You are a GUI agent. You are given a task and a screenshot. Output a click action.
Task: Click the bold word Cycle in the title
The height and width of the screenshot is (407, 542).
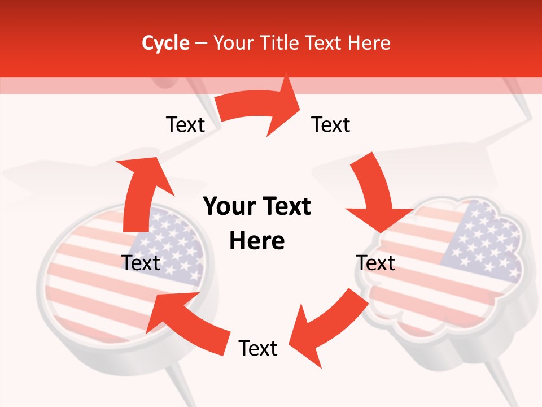tap(165, 43)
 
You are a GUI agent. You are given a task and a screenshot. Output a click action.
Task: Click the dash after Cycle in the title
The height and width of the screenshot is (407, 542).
tap(201, 44)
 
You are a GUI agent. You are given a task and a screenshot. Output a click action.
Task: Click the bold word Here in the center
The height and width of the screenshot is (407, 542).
tap(257, 241)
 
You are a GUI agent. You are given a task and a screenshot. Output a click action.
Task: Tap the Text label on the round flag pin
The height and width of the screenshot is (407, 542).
tap(141, 263)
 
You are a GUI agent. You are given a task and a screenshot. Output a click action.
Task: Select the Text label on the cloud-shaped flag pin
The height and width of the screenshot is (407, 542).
tap(375, 263)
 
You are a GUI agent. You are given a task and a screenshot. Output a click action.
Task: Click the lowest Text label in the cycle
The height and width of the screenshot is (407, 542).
tap(258, 348)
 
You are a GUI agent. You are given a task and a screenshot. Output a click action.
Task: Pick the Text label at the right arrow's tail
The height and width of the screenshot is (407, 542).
tap(331, 124)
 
